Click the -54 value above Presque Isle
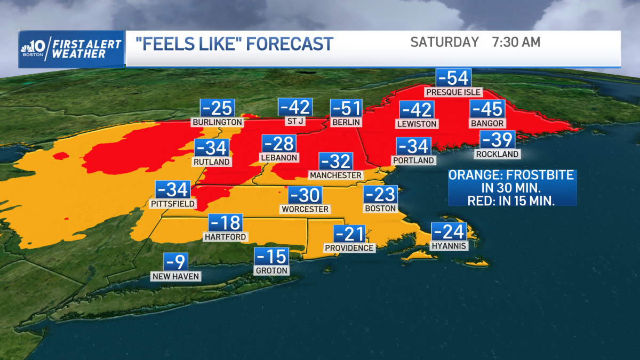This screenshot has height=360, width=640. [453, 78]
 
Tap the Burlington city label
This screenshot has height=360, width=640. [217, 122]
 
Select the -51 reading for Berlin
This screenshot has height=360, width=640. [346, 108]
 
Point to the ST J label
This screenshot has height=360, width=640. [295, 121]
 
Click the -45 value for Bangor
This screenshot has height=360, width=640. [487, 109]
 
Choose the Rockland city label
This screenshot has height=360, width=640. [497, 154]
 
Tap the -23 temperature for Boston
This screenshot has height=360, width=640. [380, 195]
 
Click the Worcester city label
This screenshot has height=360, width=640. [306, 209]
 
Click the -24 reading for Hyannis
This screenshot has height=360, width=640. [450, 232]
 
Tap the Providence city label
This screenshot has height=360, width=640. [349, 248]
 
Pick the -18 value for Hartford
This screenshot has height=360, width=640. [225, 223]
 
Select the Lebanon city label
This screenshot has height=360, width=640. [279, 157]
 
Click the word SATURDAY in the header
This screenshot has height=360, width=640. [444, 42]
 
